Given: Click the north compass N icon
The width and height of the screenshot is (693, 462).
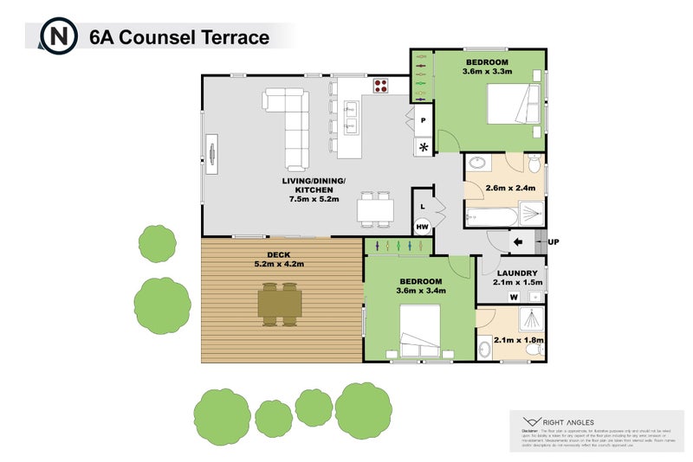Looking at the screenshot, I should pyautogui.click(x=59, y=36).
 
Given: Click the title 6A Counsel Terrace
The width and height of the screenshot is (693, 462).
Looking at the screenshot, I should pyautogui.click(x=179, y=37).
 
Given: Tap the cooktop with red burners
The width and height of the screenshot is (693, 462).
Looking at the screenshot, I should pyautogui.click(x=380, y=86).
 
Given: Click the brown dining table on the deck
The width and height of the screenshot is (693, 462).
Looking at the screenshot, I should pyautogui.click(x=281, y=305).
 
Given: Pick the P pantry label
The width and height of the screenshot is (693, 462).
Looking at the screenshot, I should pyautogui.click(x=424, y=120).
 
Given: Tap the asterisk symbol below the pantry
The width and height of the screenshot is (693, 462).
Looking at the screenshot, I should pyautogui.click(x=424, y=148).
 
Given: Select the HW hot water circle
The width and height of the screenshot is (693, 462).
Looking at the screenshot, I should pyautogui.click(x=423, y=227).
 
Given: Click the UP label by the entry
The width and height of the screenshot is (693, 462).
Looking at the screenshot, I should pyautogui.click(x=553, y=242).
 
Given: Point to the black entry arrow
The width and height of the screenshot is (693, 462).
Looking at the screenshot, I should pyautogui.click(x=520, y=243).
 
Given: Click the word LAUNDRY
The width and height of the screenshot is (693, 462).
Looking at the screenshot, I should pyautogui.click(x=518, y=273).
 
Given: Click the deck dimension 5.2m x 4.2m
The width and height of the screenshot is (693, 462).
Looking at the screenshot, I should pyautogui.click(x=279, y=264).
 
